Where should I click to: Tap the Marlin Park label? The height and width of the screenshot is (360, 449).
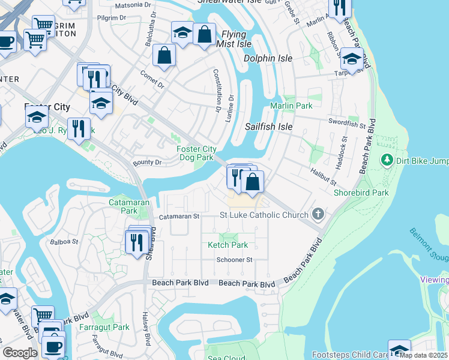coord(291,106)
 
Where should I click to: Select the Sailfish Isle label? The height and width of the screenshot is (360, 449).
coord(268,127)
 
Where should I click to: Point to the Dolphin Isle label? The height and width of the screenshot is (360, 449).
coord(268,58)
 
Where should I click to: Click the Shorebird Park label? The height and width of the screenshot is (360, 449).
coord(362,193)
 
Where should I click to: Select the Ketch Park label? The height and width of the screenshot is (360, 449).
coord(228,245)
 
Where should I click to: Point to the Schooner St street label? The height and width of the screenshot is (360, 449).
coord(235,260)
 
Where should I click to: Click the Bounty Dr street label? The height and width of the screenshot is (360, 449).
coord(147,163)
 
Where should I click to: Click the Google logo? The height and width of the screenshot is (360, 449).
coord(20,352)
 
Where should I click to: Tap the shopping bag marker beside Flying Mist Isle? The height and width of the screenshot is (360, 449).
coord(205,34)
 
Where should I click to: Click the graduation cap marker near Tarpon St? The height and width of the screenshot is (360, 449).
coord(352,59)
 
